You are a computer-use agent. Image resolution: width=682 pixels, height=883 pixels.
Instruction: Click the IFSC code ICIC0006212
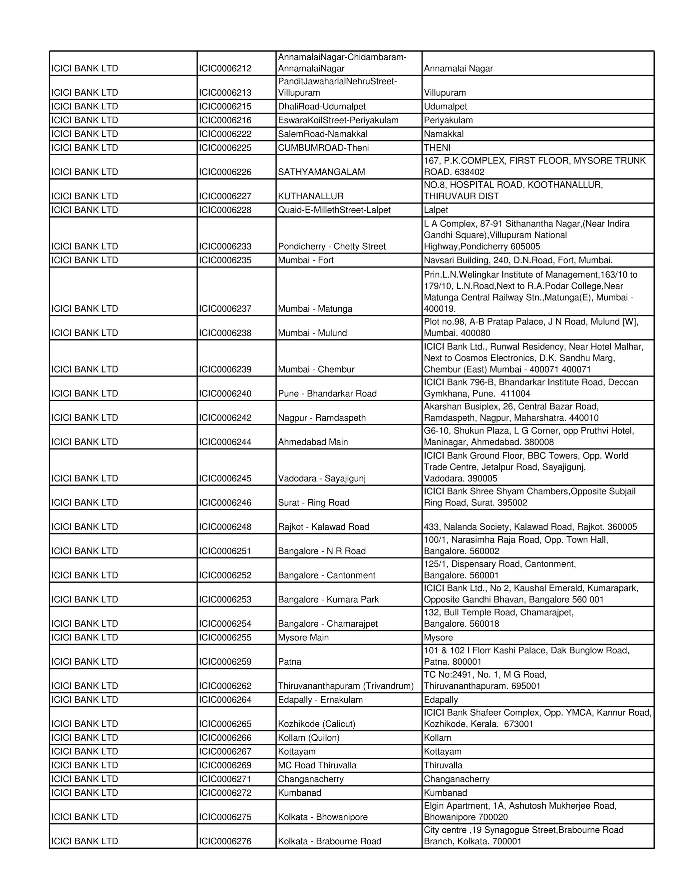click(x=225, y=69)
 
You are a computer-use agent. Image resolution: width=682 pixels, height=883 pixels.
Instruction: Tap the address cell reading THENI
click(x=437, y=148)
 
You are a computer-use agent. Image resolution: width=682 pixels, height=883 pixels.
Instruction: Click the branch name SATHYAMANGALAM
click(x=321, y=172)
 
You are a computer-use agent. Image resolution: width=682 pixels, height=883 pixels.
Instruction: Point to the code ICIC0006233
click(x=225, y=247)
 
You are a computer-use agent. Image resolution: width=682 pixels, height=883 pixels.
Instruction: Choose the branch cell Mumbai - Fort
click(x=305, y=260)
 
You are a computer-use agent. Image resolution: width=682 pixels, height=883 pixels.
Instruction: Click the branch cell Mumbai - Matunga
click(x=315, y=309)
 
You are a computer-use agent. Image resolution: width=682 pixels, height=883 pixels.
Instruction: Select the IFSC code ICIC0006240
click(x=225, y=394)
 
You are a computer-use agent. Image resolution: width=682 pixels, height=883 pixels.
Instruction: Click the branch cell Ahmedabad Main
click(x=313, y=442)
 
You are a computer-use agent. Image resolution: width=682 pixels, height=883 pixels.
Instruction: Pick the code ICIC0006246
click(x=225, y=503)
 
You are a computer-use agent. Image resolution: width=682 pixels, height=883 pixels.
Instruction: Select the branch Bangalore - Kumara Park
click(x=328, y=599)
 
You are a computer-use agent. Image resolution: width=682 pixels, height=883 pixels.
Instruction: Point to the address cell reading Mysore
click(x=438, y=637)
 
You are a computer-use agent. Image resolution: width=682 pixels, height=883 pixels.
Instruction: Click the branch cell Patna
click(x=289, y=662)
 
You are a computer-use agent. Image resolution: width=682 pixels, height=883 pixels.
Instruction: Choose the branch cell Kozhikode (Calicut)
click(x=316, y=724)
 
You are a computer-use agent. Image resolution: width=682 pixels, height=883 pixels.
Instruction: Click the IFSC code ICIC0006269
click(x=225, y=765)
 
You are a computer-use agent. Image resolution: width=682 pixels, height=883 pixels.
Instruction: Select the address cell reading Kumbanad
click(x=445, y=793)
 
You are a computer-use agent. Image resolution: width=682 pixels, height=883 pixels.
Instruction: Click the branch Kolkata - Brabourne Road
click(x=329, y=841)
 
